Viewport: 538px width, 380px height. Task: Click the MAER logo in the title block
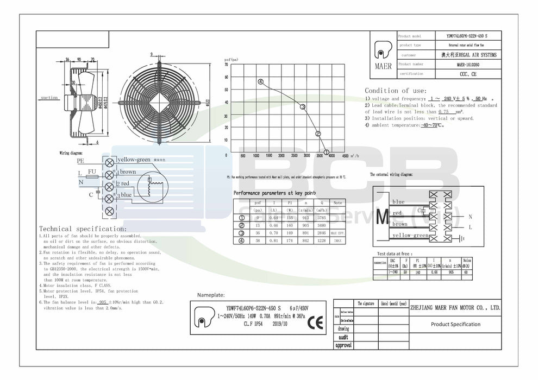coord(383,55)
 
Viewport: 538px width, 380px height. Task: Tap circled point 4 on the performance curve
coord(261,82)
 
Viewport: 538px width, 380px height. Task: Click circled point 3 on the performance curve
coord(303,107)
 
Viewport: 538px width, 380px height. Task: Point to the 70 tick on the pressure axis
coord(226,65)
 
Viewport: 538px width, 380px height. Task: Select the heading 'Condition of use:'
coord(391,91)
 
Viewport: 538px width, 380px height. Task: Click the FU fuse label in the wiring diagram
coord(91,172)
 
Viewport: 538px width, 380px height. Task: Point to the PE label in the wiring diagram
coord(80,161)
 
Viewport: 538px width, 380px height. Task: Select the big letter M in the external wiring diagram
coord(381,216)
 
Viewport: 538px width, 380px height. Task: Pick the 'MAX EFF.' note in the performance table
coord(338,233)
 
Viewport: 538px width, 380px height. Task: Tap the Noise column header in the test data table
coord(467,262)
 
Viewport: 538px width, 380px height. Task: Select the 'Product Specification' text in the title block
coord(455,324)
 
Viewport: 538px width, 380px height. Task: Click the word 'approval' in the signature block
coord(343,345)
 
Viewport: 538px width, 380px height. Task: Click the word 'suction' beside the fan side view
coord(49,98)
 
